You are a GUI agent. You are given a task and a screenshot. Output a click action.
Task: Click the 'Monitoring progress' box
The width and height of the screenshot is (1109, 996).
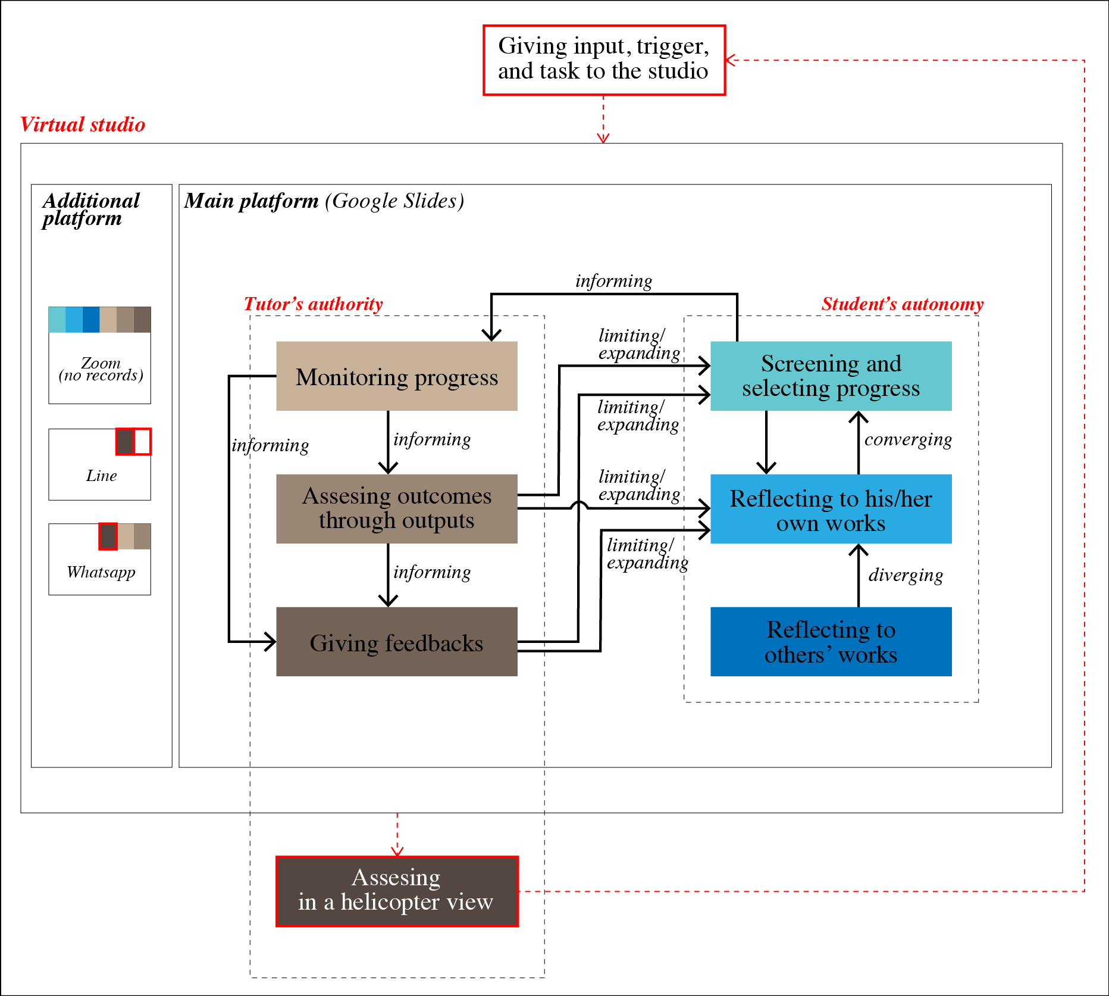pos(397,376)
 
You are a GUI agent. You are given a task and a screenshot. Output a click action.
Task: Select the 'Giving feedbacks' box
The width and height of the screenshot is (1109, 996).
pos(397,642)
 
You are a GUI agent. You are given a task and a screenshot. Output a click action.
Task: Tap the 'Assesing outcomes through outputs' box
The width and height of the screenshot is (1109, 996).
pos(397,508)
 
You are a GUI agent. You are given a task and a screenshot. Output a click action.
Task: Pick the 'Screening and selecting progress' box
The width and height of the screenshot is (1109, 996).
pos(831,376)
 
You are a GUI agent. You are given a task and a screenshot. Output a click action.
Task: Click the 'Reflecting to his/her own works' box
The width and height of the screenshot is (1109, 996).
pos(831,509)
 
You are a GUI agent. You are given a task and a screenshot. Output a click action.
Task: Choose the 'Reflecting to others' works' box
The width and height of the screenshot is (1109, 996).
pos(831,642)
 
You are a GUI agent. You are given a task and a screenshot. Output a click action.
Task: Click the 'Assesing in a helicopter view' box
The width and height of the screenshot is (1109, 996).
pos(397,891)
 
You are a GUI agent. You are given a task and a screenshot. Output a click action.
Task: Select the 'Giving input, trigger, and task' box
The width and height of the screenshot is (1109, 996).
pos(604,60)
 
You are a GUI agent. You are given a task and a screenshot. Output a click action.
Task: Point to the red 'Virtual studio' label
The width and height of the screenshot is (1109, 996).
pos(83,124)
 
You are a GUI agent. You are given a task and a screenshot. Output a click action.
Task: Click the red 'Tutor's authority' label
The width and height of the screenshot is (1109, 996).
pos(313,304)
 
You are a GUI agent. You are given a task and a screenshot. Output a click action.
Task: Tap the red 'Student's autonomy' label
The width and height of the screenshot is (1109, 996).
pos(902,304)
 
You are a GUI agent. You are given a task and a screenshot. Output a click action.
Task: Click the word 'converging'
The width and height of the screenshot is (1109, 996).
pos(908,440)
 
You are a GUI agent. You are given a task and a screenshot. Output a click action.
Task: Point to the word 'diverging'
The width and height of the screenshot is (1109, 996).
pos(906,575)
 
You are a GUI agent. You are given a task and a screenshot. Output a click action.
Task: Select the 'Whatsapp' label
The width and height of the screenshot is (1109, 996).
pos(101,572)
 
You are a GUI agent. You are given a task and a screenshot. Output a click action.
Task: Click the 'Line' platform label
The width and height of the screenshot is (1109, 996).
pos(101,476)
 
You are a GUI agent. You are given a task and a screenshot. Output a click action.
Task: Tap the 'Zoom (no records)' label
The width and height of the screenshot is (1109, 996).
pos(101,369)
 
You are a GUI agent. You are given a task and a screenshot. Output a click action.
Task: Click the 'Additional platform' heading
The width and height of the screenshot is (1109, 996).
pos(91,209)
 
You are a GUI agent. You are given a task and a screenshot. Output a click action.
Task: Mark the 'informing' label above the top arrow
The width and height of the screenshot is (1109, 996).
pos(613,281)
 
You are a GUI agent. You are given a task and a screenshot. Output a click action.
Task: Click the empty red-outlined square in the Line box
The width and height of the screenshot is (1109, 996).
pos(142,442)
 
